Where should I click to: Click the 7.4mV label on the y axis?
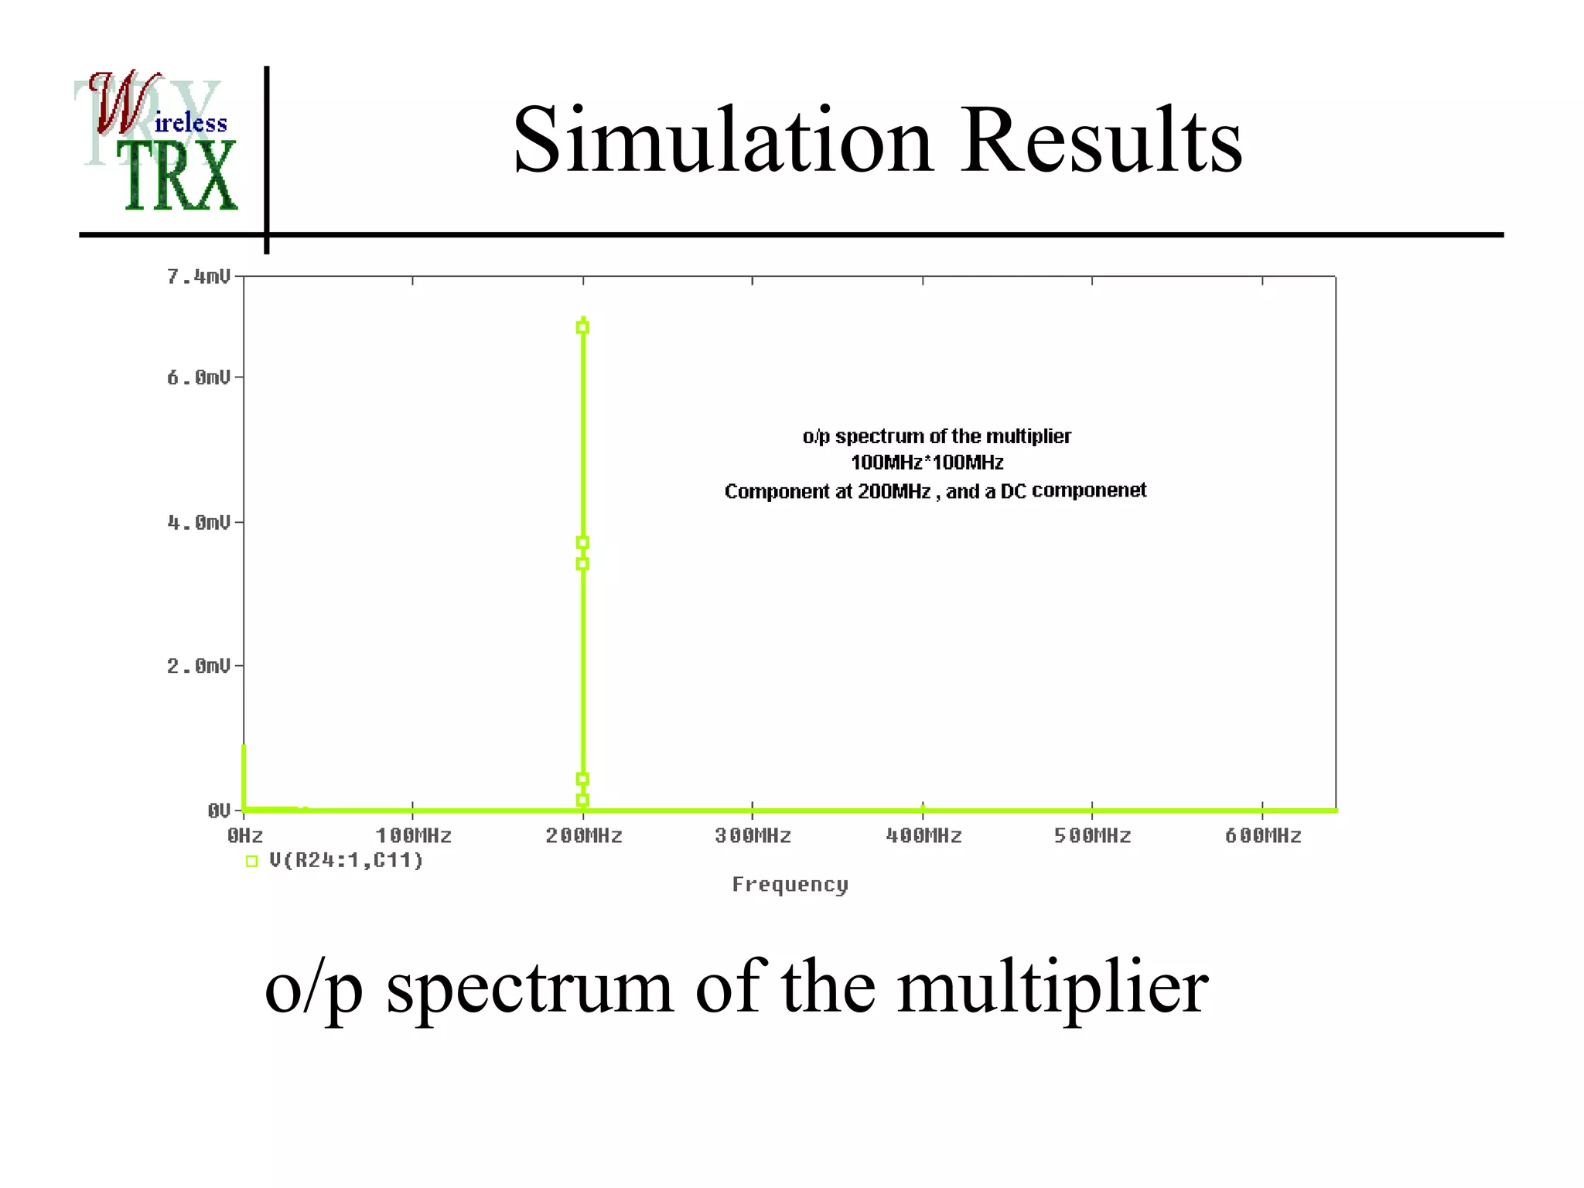pos(199,277)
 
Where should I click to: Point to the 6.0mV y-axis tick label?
pos(199,377)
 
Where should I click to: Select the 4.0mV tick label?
pos(199,523)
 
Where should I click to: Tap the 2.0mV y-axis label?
pos(199,666)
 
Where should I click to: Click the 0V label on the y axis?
pos(219,811)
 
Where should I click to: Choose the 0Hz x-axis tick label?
pos(245,836)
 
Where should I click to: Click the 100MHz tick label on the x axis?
pos(414,836)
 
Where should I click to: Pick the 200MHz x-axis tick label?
pos(584,836)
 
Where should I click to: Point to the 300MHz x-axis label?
pos(753,836)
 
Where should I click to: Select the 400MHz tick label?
pos(923,836)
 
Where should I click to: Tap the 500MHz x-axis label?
pos(1093,836)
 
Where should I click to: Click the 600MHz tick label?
pos(1263,836)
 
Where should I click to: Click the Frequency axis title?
pos(790,885)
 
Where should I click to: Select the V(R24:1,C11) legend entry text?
pos(346,861)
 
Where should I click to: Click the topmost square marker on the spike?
pos(582,327)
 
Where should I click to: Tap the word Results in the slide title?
pos(1101,140)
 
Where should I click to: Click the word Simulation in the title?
pos(723,140)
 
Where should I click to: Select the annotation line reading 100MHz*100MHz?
pos(927,463)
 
